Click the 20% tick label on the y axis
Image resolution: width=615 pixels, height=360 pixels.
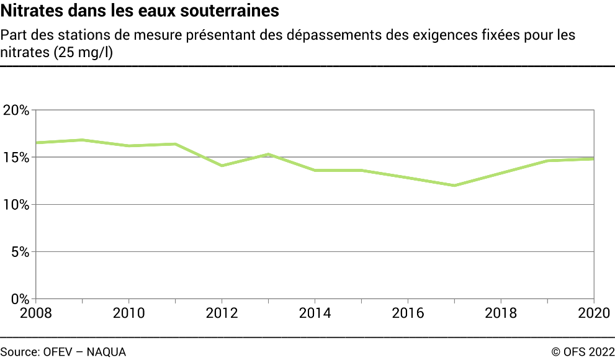tap(16, 110)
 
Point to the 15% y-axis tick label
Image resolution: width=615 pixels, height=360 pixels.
tap(16, 158)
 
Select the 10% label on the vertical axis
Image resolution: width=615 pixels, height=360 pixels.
tap(16, 205)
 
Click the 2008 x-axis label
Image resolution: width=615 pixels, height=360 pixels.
tap(36, 312)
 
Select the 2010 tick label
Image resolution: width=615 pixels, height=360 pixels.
tap(129, 312)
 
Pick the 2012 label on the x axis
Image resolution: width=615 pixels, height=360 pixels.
tap(222, 312)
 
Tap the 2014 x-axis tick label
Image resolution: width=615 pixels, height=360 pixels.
tap(315, 312)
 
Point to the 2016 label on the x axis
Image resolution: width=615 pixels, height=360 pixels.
tap(408, 312)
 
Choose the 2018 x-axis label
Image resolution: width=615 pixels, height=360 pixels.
tap(501, 312)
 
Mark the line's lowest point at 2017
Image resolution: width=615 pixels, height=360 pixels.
tap(455, 186)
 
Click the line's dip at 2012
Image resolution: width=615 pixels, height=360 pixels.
tap(222, 166)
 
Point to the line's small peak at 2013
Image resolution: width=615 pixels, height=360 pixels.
tap(269, 154)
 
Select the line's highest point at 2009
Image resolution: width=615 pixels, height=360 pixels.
tap(83, 140)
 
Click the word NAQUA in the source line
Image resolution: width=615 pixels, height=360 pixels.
tap(106, 352)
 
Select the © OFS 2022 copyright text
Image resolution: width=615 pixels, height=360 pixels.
tap(583, 352)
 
